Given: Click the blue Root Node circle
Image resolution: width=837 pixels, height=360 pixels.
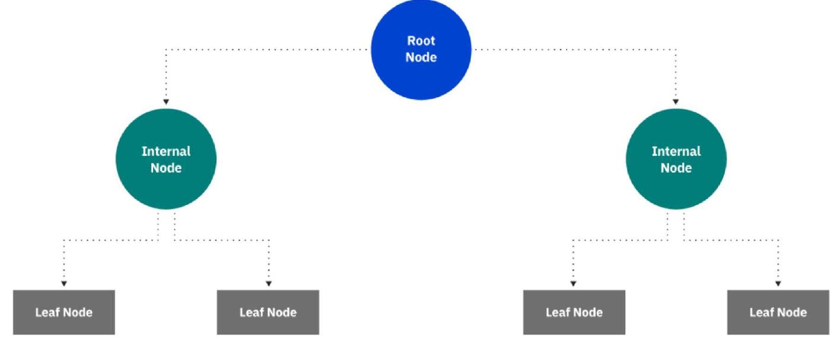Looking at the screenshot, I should pyautogui.click(x=421, y=49).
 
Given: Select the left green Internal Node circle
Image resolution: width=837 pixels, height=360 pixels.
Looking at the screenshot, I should pyautogui.click(x=166, y=159).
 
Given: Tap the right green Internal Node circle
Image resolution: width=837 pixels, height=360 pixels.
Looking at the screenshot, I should pyautogui.click(x=676, y=159).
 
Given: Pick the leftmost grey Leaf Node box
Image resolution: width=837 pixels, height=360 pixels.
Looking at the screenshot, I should pyautogui.click(x=63, y=312).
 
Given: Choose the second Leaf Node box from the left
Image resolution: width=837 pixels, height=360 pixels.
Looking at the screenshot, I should pyautogui.click(x=268, y=312).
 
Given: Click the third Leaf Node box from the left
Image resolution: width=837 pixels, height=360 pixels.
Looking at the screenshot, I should pyautogui.click(x=574, y=312).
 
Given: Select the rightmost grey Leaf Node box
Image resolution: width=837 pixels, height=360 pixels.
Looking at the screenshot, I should pyautogui.click(x=778, y=312).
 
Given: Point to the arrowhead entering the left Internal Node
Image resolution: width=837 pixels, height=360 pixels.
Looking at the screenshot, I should pyautogui.click(x=166, y=102).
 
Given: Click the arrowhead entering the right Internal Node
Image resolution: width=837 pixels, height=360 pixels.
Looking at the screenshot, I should pyautogui.click(x=676, y=102).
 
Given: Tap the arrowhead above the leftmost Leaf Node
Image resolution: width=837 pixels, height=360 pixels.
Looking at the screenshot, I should pyautogui.click(x=63, y=283).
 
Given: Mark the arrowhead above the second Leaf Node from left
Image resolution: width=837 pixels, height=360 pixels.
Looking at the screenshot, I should pyautogui.click(x=269, y=283).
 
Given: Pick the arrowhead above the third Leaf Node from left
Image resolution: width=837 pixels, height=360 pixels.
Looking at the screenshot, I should pyautogui.click(x=573, y=283).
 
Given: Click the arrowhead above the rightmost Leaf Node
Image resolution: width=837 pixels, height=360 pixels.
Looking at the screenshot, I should pyautogui.click(x=778, y=283).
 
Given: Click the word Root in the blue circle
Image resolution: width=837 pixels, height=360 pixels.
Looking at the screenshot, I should pyautogui.click(x=421, y=41).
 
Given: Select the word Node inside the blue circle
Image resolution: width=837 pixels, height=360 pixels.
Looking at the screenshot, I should pyautogui.click(x=421, y=58).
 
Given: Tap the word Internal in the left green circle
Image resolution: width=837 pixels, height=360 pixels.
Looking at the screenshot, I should pyautogui.click(x=166, y=151).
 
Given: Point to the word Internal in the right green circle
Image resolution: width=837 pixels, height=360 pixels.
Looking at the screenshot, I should pyautogui.click(x=676, y=151).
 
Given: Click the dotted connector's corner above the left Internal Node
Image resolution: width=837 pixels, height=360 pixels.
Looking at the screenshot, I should pyautogui.click(x=166, y=49).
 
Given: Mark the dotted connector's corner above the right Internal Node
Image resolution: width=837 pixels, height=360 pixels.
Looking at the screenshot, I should pyautogui.click(x=676, y=49).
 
